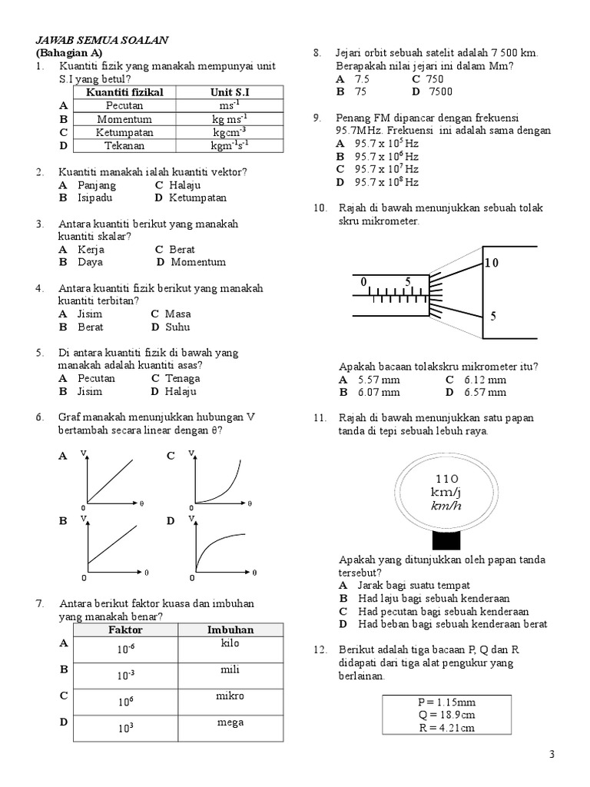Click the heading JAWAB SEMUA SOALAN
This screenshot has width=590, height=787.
(102, 39)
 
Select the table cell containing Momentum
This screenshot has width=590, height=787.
(124, 119)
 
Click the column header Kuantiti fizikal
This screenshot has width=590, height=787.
(124, 92)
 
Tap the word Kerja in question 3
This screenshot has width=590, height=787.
(91, 249)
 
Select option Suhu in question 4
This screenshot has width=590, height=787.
(177, 327)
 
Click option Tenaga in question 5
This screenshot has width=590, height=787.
(182, 378)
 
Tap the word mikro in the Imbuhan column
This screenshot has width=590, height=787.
(230, 696)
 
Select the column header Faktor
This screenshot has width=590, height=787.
(125, 629)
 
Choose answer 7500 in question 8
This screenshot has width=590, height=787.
(441, 91)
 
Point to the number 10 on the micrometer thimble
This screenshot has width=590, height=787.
(491, 263)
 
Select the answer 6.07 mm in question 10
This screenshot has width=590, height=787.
(378, 392)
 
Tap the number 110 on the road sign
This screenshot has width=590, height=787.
(446, 477)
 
